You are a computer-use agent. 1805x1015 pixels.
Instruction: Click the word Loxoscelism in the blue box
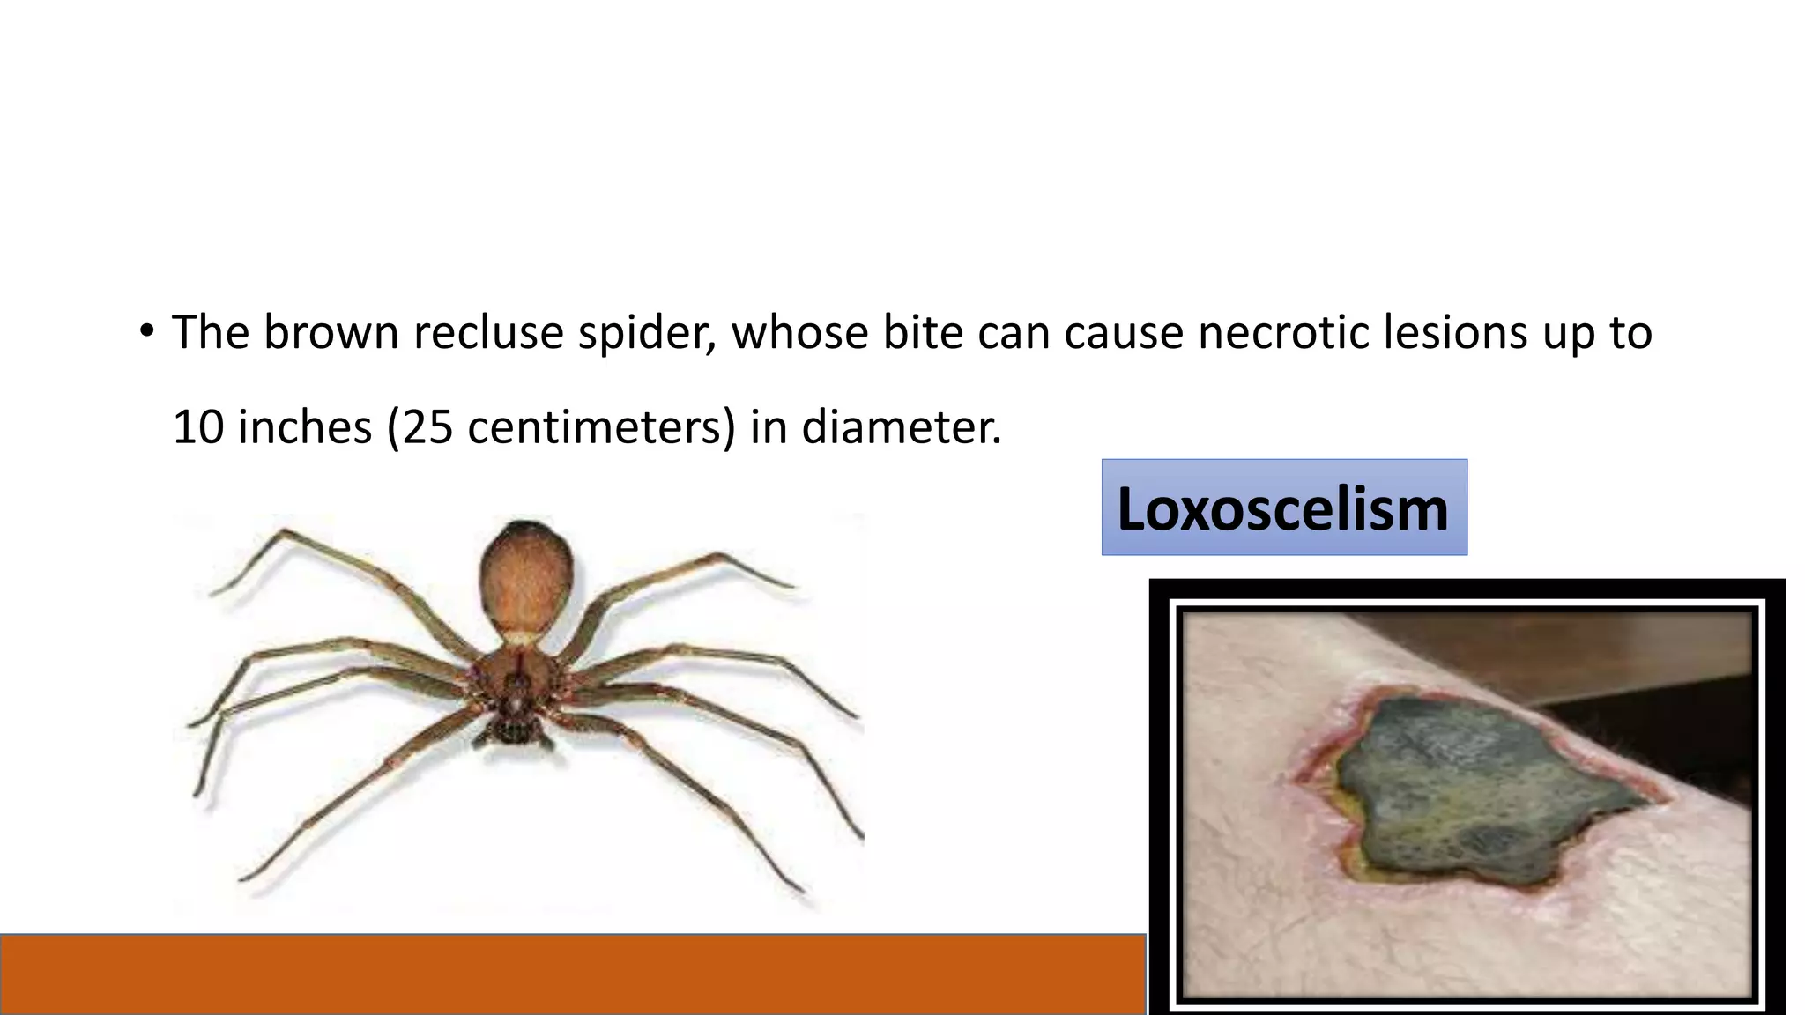(1283, 509)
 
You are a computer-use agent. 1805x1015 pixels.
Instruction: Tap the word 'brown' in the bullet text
(331, 333)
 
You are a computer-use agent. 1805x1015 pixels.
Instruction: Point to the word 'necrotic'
(1283, 333)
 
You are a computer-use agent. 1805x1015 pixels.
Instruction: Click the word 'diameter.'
(901, 427)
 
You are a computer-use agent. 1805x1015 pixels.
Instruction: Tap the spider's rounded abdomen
(525, 577)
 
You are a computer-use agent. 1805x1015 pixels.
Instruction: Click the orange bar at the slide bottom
(573, 974)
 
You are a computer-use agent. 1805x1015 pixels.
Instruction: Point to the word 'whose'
(800, 333)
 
